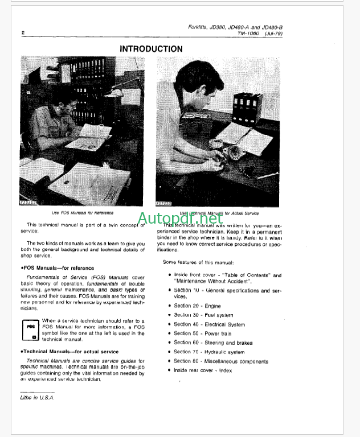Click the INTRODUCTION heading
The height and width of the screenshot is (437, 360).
151,49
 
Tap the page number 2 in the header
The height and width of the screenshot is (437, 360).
22,32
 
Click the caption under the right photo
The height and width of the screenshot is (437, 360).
219,213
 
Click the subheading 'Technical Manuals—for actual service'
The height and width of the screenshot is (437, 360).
69,352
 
